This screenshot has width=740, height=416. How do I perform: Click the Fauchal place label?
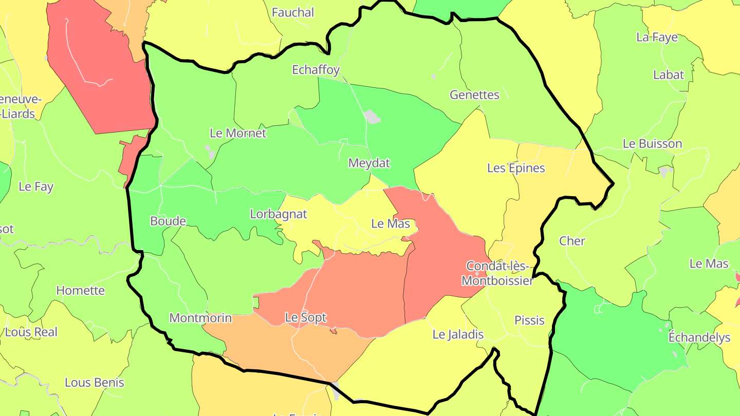292,12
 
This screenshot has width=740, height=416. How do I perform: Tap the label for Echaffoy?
316,70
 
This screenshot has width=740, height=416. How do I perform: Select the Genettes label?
474,94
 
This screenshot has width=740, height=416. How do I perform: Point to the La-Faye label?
657,37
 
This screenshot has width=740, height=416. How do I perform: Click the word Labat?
669,74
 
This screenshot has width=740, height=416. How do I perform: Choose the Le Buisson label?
652,144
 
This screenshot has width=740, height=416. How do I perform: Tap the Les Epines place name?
516,168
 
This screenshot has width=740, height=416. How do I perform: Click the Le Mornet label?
238,133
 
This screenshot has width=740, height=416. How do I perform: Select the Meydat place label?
369,163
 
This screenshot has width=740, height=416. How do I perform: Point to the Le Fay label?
36,186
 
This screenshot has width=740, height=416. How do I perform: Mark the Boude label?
168,221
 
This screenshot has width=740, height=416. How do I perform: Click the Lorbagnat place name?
279,214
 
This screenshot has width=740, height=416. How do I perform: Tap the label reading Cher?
572,241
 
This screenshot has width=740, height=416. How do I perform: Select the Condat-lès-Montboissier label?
497,273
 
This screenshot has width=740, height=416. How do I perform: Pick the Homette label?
80,290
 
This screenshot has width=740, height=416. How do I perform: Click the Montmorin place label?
200,318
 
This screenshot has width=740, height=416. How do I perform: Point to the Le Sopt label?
306,317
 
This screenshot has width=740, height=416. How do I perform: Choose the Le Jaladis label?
458,334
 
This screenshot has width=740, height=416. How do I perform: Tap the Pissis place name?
529,320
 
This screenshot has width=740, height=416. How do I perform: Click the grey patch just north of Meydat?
372,117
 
